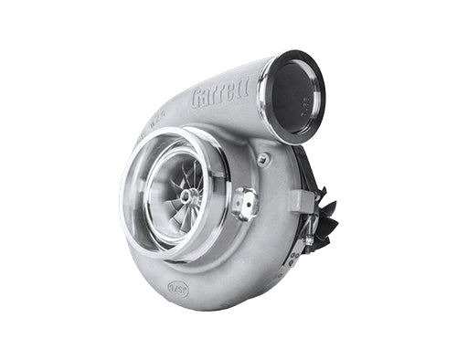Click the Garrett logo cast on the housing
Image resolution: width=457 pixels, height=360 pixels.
[x=219, y=95]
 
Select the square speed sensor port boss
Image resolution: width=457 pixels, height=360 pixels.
[x=244, y=202]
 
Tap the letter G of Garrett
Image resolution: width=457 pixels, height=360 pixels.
[x=197, y=99]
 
